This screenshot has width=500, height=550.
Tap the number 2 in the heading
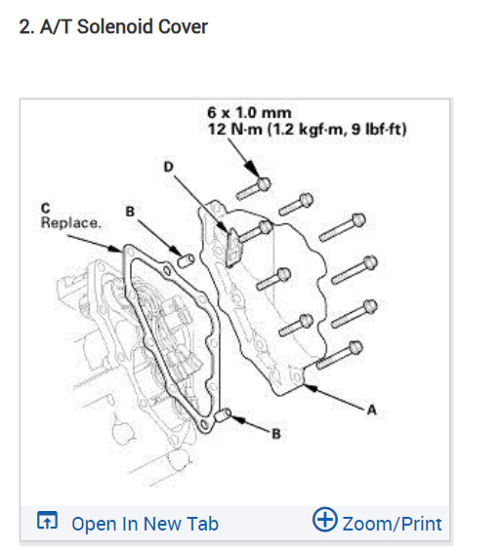24,26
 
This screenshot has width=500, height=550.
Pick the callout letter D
168,168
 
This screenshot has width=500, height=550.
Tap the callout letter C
46,209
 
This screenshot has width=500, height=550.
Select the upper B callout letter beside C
129,209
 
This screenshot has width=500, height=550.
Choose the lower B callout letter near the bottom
276,434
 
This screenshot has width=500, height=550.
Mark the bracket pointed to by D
231,244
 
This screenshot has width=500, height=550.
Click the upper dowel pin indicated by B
183,258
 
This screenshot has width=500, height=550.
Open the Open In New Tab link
145,524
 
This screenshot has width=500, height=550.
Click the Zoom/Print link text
392,524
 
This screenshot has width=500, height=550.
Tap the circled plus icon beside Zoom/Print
324,522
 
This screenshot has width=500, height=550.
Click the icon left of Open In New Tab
47,523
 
